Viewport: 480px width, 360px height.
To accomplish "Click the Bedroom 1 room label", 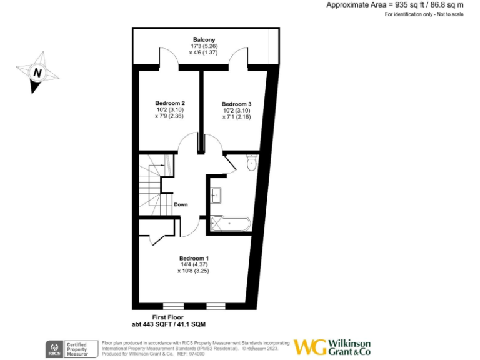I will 194,258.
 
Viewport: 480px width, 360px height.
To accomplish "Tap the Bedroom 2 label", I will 170,102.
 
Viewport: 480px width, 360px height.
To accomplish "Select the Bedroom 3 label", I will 237,104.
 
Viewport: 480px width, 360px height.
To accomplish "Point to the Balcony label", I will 204,40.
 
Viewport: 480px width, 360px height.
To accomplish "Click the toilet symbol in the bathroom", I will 251,164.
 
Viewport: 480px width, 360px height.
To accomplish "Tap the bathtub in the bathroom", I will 231,223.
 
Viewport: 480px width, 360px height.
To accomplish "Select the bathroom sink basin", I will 216,195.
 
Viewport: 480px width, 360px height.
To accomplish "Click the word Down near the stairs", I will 181,204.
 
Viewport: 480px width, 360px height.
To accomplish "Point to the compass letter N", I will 37,72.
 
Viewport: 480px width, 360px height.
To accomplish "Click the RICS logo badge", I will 54,348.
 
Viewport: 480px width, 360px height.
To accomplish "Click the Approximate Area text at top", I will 395,5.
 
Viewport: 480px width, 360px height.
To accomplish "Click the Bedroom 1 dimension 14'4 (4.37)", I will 194,265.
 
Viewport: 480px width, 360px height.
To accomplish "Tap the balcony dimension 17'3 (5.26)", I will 204,46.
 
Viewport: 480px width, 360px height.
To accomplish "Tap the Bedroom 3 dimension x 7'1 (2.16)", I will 237,116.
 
